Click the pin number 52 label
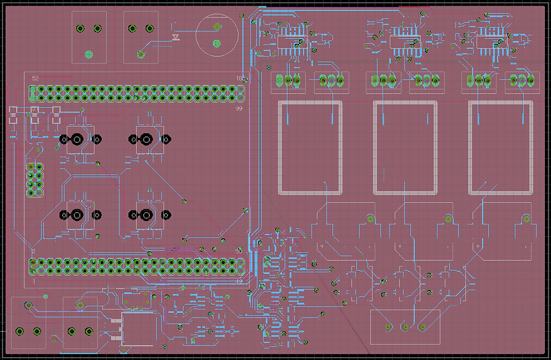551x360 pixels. tap(35, 78)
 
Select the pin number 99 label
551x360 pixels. tap(239, 109)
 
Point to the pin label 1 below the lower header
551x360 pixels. tap(34, 282)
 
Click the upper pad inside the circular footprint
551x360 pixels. tap(217, 27)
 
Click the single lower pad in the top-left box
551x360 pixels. tap(89, 54)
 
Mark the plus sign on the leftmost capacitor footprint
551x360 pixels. tap(322, 246)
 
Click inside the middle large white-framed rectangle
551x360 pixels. tap(405, 148)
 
